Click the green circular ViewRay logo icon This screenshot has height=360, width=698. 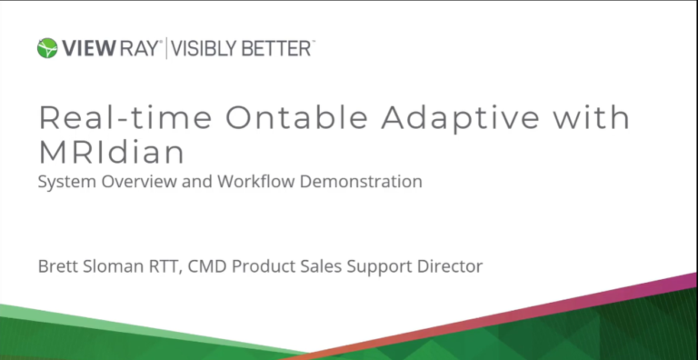point(47,48)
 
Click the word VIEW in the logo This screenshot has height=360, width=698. point(85,48)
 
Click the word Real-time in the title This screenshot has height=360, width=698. point(115,120)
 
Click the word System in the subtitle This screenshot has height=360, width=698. point(62,182)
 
